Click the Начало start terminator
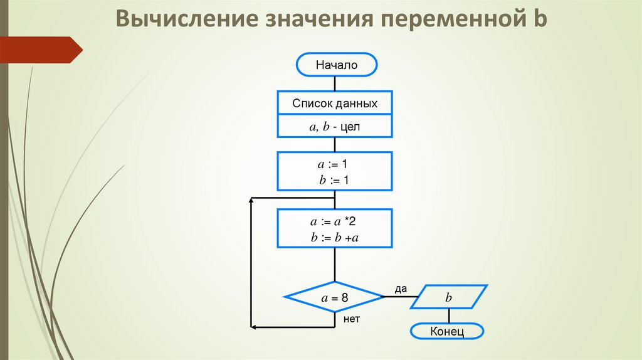336,65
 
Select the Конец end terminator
447,331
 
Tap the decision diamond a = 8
334,298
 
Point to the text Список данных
335,103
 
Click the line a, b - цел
335,127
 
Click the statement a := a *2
334,221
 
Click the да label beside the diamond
401,289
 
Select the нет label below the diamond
352,319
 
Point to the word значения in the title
309,19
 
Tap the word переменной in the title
446,19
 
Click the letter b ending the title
540,19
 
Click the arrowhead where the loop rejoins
253,199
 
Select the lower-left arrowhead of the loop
253,327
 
